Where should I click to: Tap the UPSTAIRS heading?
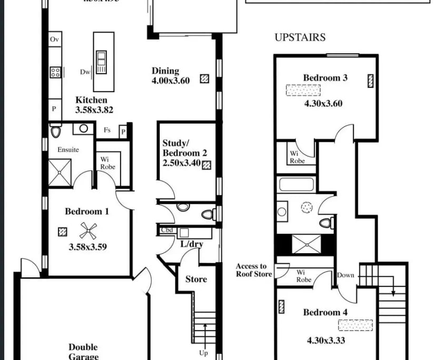point(300,37)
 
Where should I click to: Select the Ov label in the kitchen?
point(54,39)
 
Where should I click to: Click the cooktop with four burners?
point(55,73)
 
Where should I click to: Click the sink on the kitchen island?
point(101,57)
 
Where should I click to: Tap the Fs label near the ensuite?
point(107,130)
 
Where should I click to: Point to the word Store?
point(196,279)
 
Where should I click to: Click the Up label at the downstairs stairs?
point(203,353)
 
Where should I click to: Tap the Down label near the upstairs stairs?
point(345,275)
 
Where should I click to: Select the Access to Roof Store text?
point(254,270)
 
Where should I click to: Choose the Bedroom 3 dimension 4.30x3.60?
point(323,104)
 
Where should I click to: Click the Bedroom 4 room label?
point(325,312)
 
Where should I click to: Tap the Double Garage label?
point(83,351)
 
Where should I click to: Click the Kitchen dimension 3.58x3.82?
point(94,110)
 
